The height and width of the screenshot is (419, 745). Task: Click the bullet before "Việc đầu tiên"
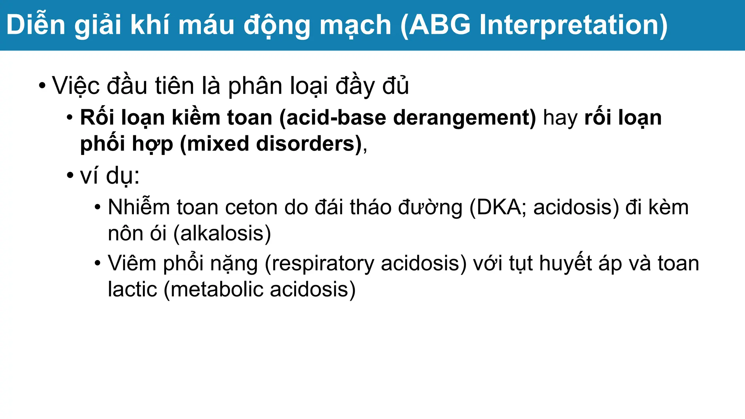click(x=43, y=86)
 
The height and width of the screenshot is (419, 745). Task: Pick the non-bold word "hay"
click(x=560, y=118)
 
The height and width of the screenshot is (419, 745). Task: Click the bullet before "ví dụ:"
click(x=70, y=176)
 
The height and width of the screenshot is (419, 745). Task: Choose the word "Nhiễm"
click(x=139, y=207)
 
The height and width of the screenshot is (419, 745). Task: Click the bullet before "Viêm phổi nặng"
click(x=97, y=263)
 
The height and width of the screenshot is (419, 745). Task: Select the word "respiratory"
click(x=323, y=263)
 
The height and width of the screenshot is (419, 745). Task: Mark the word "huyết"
click(x=565, y=263)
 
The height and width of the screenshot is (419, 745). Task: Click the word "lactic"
click(x=132, y=290)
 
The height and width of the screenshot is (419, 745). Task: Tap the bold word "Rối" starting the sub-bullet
click(x=97, y=118)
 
